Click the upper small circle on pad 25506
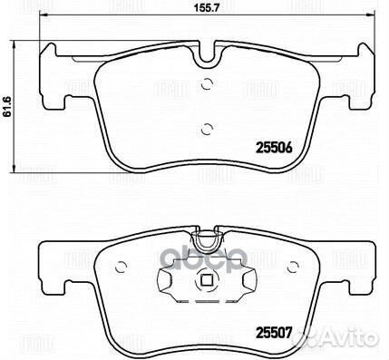point(207,86)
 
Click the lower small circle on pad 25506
point(207,128)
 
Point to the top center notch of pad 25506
point(209,61)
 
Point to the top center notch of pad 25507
point(209,240)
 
